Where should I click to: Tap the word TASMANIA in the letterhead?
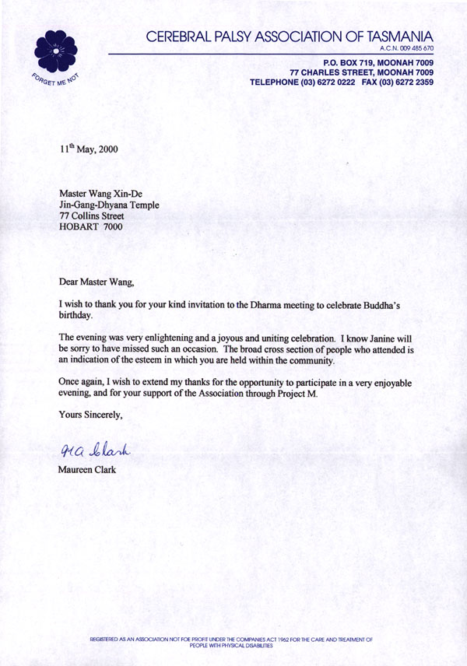click(x=391, y=36)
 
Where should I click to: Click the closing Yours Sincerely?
click(x=91, y=415)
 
